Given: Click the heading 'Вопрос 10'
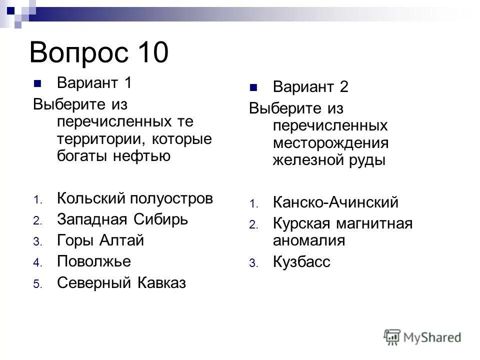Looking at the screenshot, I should click(x=99, y=52).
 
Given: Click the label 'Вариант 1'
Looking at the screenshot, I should click(x=94, y=82).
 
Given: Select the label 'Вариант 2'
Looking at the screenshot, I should click(x=310, y=87).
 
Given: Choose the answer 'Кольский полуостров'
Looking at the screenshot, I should click(x=135, y=198).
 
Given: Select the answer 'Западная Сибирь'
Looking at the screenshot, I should click(x=122, y=219).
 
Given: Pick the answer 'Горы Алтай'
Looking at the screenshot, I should click(x=100, y=240).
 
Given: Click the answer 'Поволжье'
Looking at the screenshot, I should click(x=94, y=261).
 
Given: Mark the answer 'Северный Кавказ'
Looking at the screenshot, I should click(x=121, y=283).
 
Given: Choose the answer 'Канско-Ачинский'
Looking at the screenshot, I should click(x=336, y=202).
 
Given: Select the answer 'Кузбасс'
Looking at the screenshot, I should click(x=302, y=262).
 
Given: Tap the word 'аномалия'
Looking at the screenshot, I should click(x=309, y=240).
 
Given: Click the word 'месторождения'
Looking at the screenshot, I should click(x=330, y=143).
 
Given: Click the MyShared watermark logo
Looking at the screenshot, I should click(x=422, y=337).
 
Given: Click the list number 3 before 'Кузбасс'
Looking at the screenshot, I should click(x=252, y=263).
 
